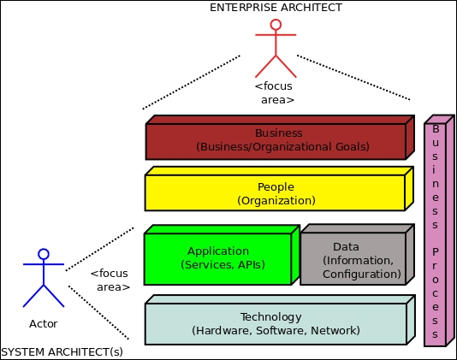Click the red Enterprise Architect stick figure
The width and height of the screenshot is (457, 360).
coord(276,44)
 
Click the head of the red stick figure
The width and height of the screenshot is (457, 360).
coord(276,25)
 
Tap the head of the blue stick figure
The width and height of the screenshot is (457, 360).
coord(44,254)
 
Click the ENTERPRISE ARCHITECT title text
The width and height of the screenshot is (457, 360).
coord(276,8)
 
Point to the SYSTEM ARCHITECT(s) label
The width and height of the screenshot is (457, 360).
coord(62,352)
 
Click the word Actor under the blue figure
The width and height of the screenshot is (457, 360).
coord(44,323)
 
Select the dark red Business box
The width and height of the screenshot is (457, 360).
coord(280,138)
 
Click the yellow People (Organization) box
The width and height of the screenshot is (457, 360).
coord(279,189)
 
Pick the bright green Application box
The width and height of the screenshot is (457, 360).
coord(222,255)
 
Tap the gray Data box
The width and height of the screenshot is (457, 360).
coord(357,255)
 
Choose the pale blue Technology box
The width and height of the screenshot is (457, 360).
coord(280,320)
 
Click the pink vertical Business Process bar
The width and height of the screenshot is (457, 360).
coord(439,231)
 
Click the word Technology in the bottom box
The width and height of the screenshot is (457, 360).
coord(271,317)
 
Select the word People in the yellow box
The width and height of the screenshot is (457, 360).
coord(276,187)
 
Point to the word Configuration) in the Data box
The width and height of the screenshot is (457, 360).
coord(362,274)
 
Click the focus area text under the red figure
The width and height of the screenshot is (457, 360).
coord(275,93)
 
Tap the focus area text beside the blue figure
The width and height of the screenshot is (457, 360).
coord(110,280)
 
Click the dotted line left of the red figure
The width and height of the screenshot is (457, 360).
coord(192,82)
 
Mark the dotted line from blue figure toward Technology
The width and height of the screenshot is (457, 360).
coord(98,312)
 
